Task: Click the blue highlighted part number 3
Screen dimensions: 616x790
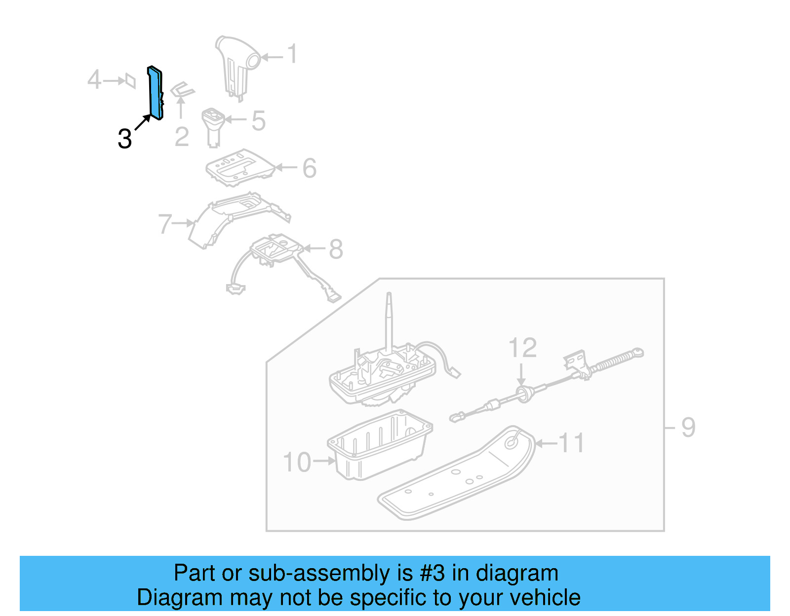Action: point(155,94)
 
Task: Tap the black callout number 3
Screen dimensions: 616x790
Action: point(125,139)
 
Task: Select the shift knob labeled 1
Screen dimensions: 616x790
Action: point(237,62)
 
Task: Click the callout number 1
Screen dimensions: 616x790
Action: point(292,54)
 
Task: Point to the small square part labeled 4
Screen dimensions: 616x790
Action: point(130,80)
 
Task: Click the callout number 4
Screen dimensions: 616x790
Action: point(94,80)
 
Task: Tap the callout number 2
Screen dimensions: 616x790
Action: point(182,137)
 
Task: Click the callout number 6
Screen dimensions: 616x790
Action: point(309,168)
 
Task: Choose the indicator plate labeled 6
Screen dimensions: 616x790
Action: point(240,167)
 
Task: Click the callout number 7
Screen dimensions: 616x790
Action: point(165,224)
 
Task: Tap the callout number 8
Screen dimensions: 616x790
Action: point(336,249)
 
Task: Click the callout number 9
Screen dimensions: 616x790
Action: point(688,427)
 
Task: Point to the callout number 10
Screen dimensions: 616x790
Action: point(297,462)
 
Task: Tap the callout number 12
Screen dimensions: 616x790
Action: point(522,348)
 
